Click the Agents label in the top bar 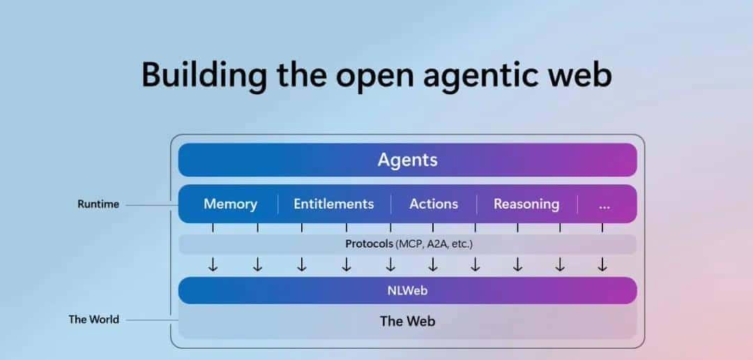pos(407,160)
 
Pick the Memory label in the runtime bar pos(230,204)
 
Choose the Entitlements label pos(333,204)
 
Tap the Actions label pos(434,204)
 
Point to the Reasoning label pos(526,204)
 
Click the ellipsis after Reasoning pos(604,204)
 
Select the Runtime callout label pos(98,204)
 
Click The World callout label pos(93,320)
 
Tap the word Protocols pos(369,244)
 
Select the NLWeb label pos(407,290)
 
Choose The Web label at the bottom pos(407,321)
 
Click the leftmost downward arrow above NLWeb pos(213,265)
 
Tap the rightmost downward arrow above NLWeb pos(602,265)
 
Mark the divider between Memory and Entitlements pos(277,204)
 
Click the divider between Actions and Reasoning pos(477,204)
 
